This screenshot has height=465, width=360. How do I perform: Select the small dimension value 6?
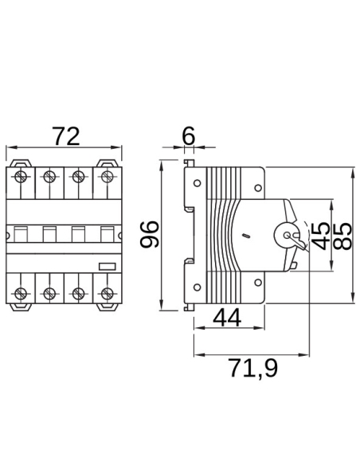188,136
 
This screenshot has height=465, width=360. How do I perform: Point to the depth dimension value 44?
227,318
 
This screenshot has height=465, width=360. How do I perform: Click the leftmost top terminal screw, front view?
22,177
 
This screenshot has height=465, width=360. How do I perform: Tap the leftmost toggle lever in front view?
22,236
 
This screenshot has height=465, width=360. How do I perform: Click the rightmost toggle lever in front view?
105,236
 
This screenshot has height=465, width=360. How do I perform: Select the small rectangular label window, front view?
106,268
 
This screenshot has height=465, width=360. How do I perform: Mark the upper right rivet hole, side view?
256,189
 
